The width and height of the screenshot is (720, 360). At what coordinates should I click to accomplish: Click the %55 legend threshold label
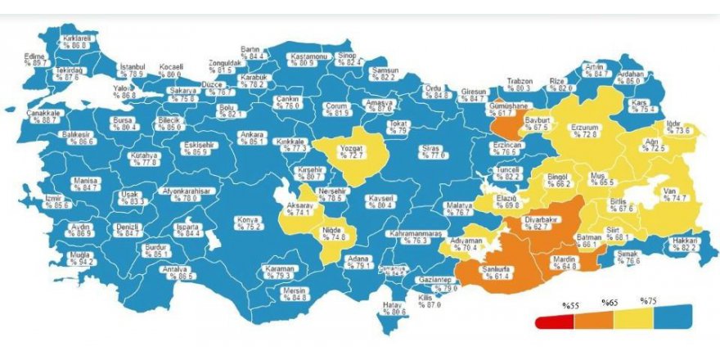point(570,304)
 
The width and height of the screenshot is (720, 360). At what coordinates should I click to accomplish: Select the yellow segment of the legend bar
point(632,319)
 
